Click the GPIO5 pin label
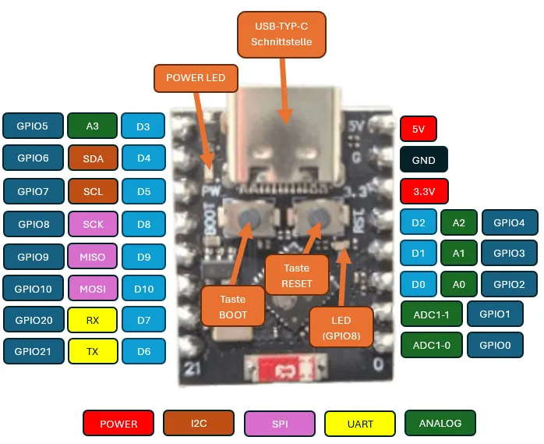tap(32, 126)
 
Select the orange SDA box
tap(93, 158)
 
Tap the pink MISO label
tap(93, 256)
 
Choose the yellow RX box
tap(93, 319)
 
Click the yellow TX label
tap(93, 351)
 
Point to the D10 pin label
tap(143, 289)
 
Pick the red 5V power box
tap(419, 129)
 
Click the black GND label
tap(423, 160)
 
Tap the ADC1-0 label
tap(432, 345)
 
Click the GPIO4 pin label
tap(509, 222)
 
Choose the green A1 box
tap(458, 254)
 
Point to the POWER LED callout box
tap(196, 77)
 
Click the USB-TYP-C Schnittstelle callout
tap(281, 34)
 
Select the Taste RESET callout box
tap(297, 275)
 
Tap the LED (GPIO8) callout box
tap(341, 327)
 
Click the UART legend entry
tap(360, 424)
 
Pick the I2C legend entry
tap(199, 423)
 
